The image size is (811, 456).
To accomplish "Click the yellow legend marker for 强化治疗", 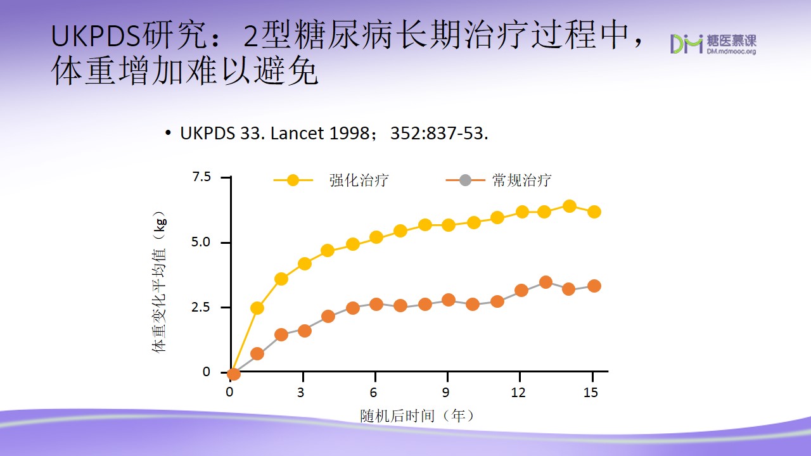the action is point(293,180).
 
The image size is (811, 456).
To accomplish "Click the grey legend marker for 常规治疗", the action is point(465,180).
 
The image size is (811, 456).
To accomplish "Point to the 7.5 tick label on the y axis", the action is point(201,177).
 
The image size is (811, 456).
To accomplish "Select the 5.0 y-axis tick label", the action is point(201,242).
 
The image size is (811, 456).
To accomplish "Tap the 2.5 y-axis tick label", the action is point(201,307).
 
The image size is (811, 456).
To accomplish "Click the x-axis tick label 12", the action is point(518,392).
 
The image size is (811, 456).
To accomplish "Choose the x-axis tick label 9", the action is point(445,392).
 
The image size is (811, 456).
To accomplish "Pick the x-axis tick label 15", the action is point(591,392).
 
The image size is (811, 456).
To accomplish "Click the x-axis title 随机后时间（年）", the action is point(417,416).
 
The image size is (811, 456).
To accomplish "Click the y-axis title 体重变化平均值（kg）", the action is point(159,282).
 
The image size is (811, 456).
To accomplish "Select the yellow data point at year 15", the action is point(594,212).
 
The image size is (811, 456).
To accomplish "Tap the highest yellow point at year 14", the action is point(570,206).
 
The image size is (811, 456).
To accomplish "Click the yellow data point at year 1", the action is point(257,308).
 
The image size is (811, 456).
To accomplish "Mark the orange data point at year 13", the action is point(546,282).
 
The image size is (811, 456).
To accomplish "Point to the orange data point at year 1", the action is point(257,353).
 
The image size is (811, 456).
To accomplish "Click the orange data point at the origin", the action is point(234,374).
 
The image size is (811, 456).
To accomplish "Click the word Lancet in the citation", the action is point(297,133).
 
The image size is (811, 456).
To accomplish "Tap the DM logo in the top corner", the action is point(686,44).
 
